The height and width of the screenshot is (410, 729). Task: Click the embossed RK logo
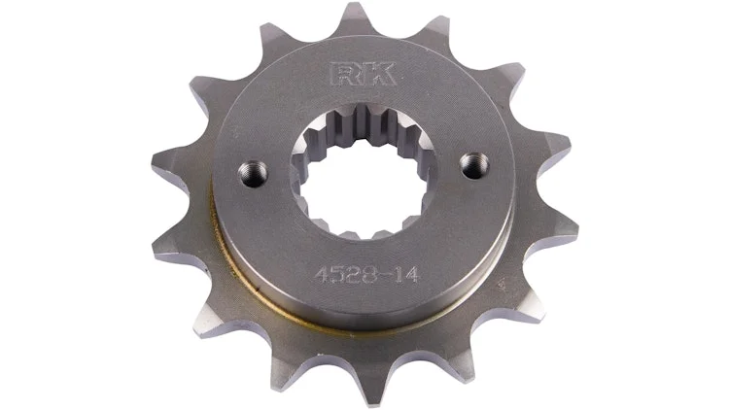click(x=364, y=74)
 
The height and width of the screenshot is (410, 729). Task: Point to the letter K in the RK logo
click(x=379, y=74)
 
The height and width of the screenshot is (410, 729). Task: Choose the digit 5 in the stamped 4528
click(x=334, y=274)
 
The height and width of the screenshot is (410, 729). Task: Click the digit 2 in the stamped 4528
click(x=348, y=274)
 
